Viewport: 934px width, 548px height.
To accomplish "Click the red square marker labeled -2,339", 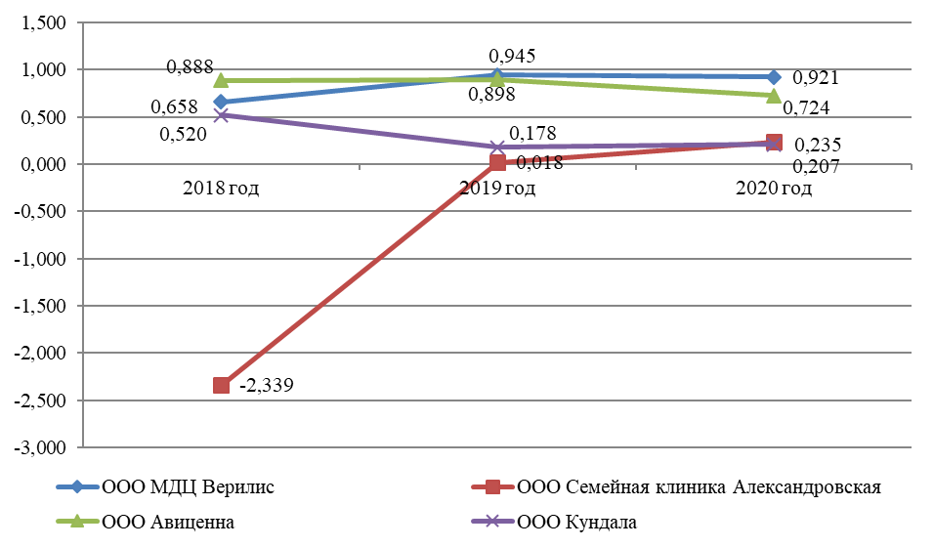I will pyautogui.click(x=222, y=385).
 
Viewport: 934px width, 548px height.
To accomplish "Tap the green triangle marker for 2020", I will pyautogui.click(x=774, y=96).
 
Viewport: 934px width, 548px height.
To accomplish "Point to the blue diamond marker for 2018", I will pyautogui.click(x=222, y=102).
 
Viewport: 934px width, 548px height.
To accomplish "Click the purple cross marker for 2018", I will pyautogui.click(x=222, y=115).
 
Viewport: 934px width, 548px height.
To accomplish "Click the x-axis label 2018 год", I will pyautogui.click(x=222, y=187).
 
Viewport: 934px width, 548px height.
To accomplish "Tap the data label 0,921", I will pyautogui.click(x=817, y=78).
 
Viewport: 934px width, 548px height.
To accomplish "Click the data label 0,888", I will pyautogui.click(x=191, y=67).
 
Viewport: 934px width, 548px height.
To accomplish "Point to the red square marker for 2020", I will pyautogui.click(x=774, y=143).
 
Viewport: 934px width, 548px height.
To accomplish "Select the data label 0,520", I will pyautogui.click(x=183, y=135).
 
